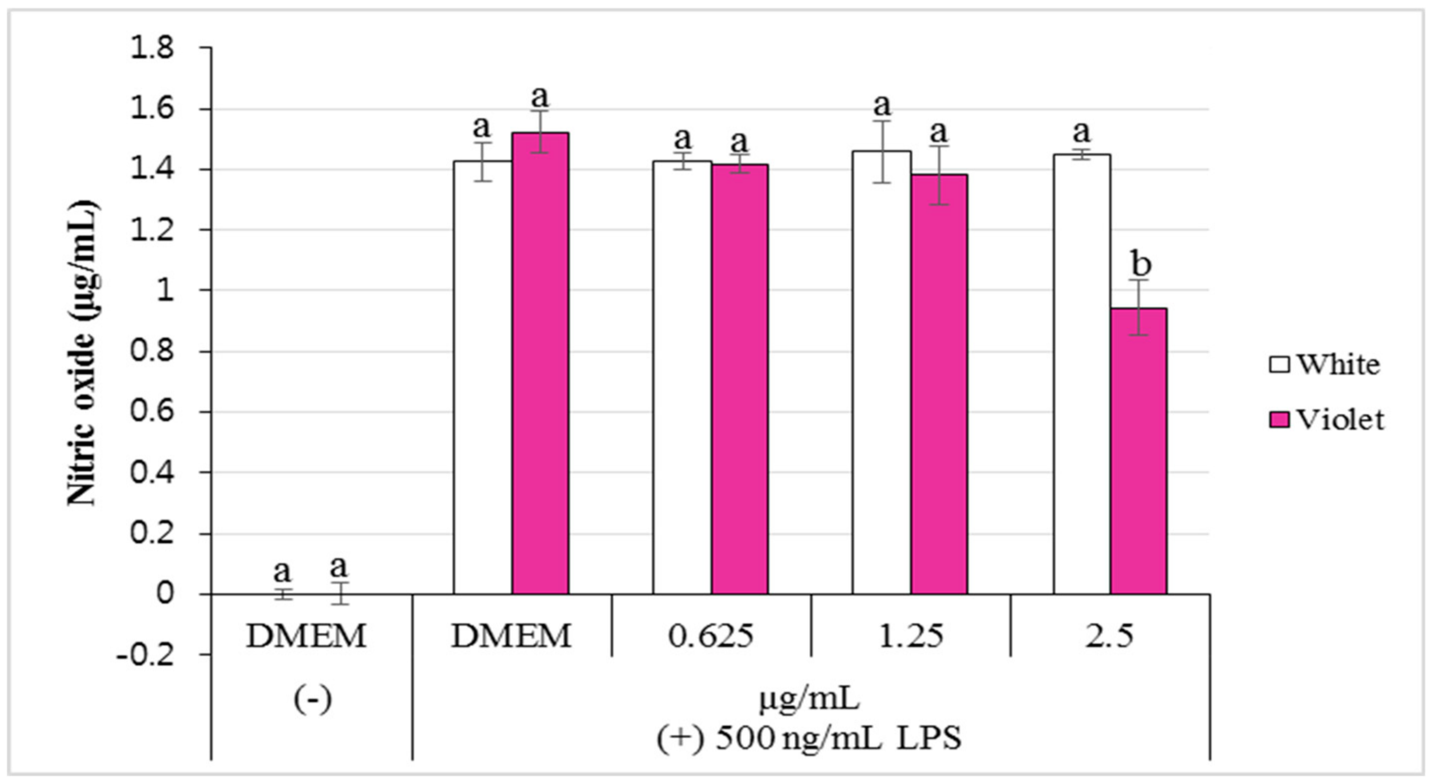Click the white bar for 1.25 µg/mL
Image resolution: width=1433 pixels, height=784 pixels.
pos(882,372)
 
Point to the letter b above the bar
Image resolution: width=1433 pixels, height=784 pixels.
pos(1141,264)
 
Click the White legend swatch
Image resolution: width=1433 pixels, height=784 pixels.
pos(1279,365)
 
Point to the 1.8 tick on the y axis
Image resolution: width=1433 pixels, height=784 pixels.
pos(151,48)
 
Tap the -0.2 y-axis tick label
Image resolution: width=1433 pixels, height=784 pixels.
pos(145,654)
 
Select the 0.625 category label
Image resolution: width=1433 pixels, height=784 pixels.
pos(710,635)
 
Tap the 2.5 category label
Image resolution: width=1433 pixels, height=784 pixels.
pos(1109,635)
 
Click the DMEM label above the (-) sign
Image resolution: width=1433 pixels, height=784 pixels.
pos(307,635)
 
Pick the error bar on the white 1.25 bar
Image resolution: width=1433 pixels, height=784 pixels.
pos(882,151)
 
